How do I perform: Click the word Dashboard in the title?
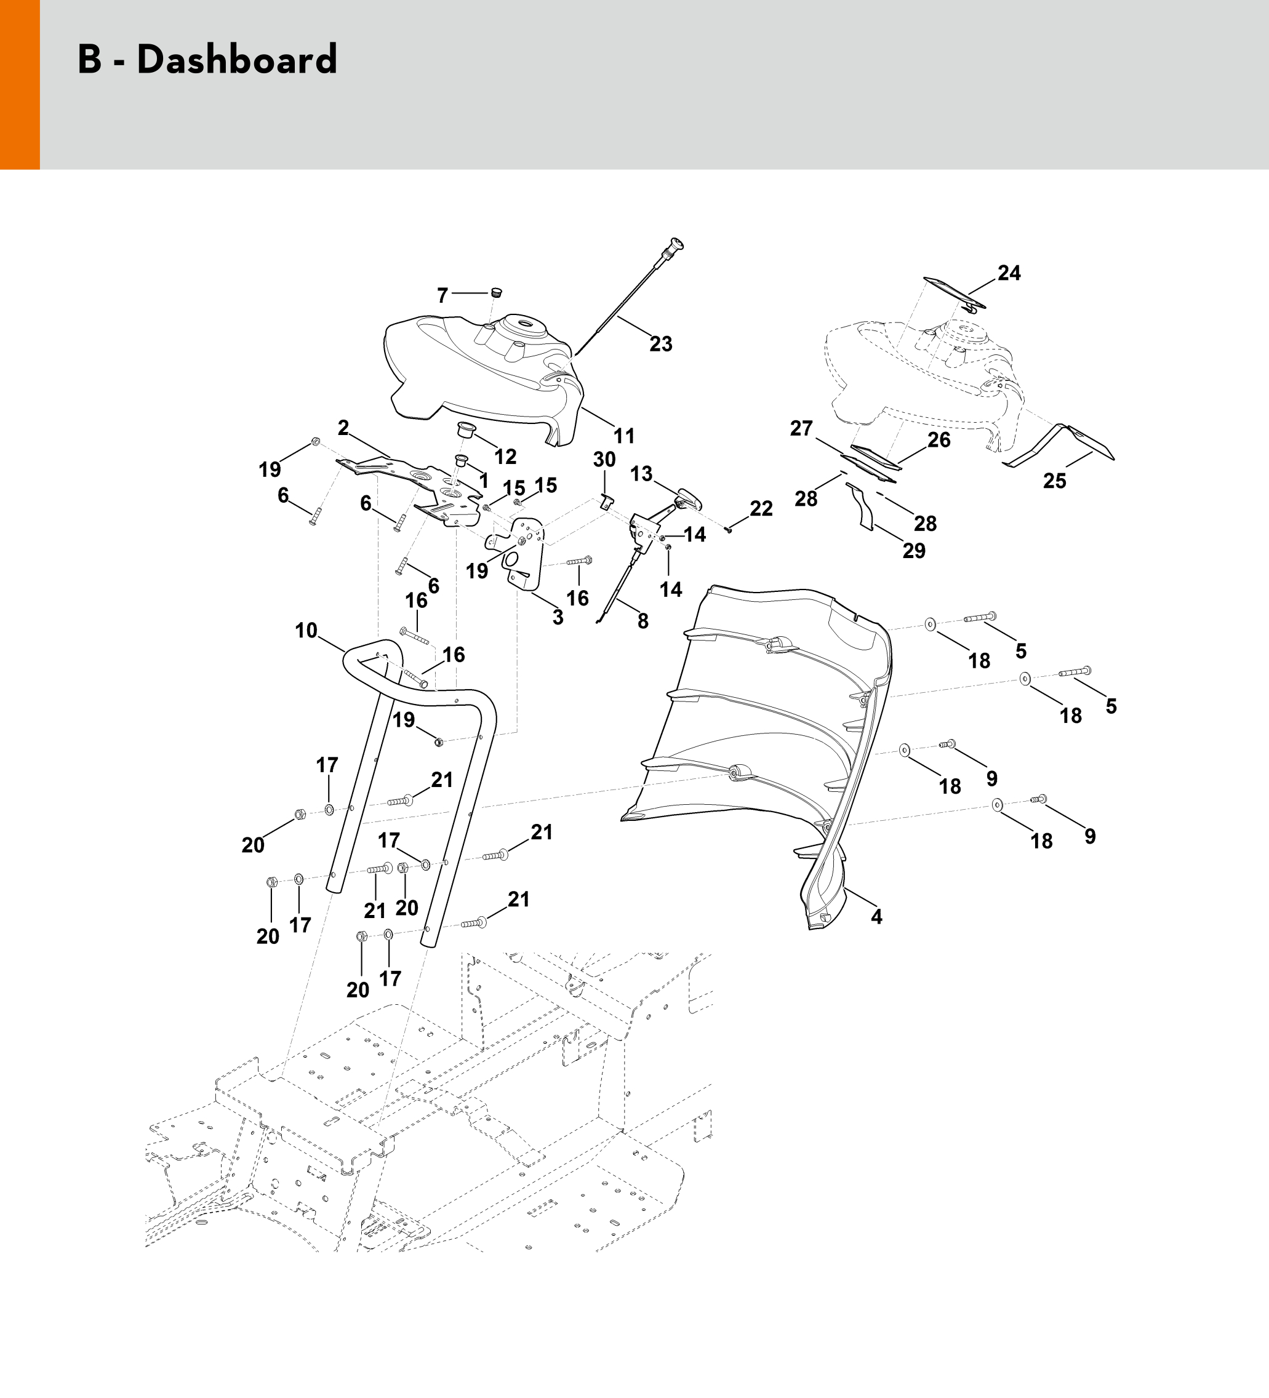[236, 60]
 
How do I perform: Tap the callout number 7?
[442, 296]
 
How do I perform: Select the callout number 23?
[660, 344]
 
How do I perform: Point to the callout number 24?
[1009, 273]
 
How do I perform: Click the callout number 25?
[1054, 481]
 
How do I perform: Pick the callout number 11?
[624, 436]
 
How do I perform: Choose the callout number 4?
[876, 917]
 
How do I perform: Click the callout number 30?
[604, 459]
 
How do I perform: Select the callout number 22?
[761, 508]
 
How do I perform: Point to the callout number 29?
[914, 551]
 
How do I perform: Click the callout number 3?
[558, 617]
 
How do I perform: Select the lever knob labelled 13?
[687, 498]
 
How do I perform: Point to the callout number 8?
[643, 621]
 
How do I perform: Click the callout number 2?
[343, 428]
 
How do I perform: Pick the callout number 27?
[801, 428]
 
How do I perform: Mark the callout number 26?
[939, 440]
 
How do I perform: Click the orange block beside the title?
[20, 84]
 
